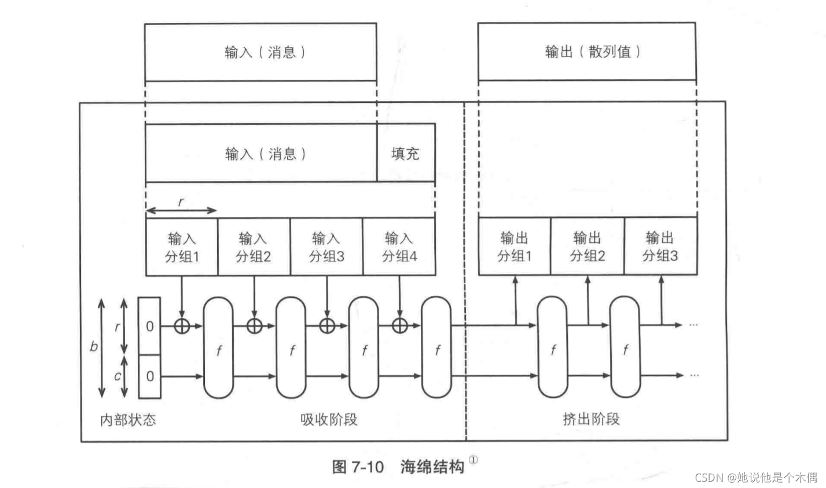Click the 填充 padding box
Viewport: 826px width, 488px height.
pos(405,154)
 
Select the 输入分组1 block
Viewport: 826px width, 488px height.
pos(182,247)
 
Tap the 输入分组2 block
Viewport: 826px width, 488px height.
pos(254,247)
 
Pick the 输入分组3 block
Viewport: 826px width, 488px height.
pos(326,247)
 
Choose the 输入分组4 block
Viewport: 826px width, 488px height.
pos(399,247)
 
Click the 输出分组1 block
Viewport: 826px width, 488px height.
pos(514,246)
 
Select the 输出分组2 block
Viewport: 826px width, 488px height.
pos(587,246)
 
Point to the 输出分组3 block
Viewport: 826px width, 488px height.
pos(660,246)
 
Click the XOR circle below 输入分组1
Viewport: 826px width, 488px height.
pos(182,326)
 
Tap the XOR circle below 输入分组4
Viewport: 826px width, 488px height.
pos(400,326)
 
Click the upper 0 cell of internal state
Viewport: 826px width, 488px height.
pos(149,326)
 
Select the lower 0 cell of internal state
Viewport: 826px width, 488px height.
pos(149,376)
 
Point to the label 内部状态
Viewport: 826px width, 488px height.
pos(128,420)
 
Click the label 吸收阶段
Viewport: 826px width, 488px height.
pos(329,420)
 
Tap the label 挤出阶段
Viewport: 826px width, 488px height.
pos(591,419)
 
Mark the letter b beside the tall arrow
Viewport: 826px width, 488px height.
pos(94,347)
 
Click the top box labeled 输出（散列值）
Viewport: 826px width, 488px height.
pos(586,51)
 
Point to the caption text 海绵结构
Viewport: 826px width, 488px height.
pos(432,467)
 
